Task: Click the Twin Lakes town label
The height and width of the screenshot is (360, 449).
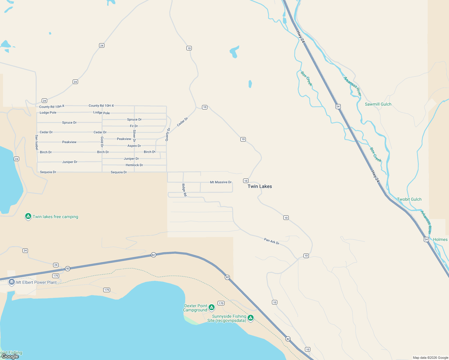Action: [260, 186]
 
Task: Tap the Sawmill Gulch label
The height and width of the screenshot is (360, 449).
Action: [378, 104]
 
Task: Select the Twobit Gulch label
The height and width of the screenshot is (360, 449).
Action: [409, 199]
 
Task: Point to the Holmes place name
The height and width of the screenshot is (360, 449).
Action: [440, 239]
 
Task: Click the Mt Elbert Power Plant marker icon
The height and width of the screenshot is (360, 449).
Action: [12, 282]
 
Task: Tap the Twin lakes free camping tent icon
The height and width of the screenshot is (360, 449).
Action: [28, 216]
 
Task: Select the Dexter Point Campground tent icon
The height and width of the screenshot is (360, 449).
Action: [212, 307]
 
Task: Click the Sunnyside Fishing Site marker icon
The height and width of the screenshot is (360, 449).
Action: [251, 318]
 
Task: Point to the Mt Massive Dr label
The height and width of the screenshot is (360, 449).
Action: [221, 182]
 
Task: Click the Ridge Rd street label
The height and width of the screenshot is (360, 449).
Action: [184, 190]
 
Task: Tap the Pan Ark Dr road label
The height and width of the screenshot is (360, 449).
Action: [272, 241]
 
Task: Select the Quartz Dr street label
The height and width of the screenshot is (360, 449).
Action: [167, 134]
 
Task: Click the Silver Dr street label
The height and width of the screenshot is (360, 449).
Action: [134, 136]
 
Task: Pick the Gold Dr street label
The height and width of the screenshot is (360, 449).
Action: [102, 142]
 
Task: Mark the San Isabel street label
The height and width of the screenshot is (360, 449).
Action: [37, 142]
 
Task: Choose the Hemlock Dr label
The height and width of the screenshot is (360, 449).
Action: [134, 165]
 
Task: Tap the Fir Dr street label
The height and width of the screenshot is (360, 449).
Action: [134, 126]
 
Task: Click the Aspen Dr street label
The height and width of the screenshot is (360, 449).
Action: [134, 146]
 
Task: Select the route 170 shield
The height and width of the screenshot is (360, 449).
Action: [221, 303]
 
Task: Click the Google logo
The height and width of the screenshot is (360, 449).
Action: [10, 356]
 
